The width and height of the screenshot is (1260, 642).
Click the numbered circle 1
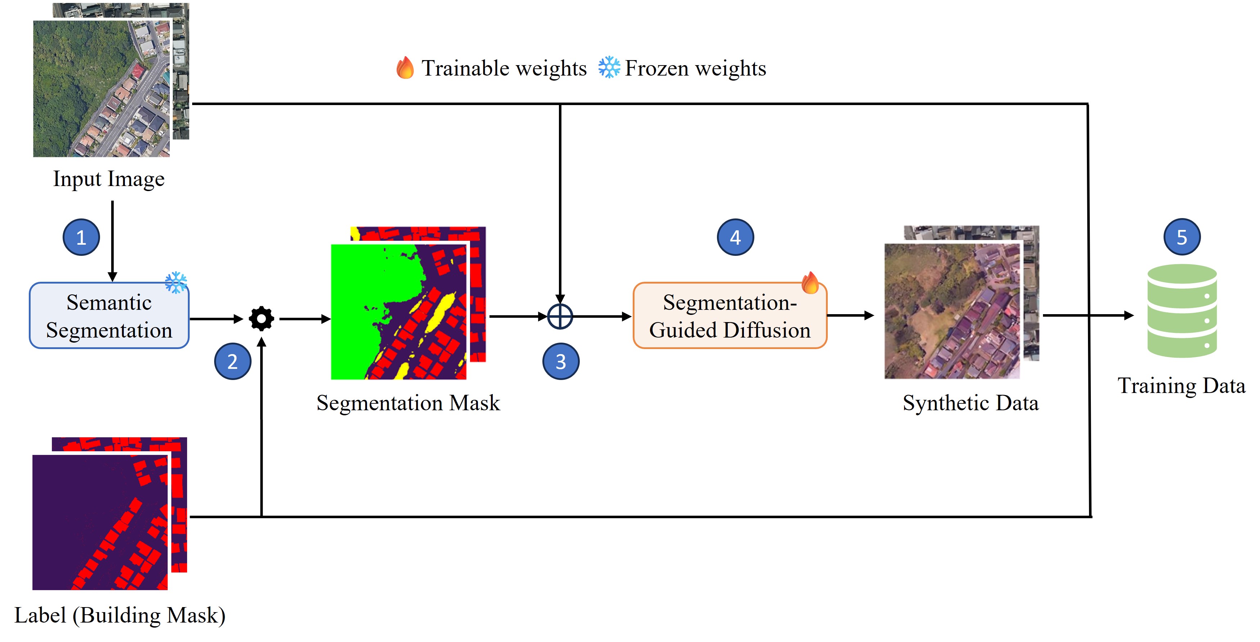tap(81, 237)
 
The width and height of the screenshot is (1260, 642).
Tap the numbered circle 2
tap(232, 361)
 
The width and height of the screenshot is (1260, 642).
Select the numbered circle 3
tap(561, 361)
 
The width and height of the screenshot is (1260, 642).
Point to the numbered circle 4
tap(735, 237)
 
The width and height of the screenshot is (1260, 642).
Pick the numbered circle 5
tap(1182, 237)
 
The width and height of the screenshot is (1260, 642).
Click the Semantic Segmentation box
tap(109, 316)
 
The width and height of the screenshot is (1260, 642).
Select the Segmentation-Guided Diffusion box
tap(730, 316)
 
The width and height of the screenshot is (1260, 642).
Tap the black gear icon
tap(261, 319)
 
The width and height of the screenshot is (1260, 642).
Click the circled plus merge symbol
tap(560, 316)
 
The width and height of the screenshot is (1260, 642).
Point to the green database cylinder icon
tap(1182, 311)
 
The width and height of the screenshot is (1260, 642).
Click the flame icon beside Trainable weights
tap(405, 68)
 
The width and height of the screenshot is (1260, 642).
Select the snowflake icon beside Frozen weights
tap(609, 68)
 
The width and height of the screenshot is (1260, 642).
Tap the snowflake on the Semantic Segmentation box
tap(176, 282)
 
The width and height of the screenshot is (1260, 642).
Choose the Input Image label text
tap(109, 179)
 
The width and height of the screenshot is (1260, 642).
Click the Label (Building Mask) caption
tap(120, 615)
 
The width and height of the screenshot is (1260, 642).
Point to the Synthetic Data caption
tap(970, 403)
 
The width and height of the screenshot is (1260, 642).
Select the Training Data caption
tap(1181, 386)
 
